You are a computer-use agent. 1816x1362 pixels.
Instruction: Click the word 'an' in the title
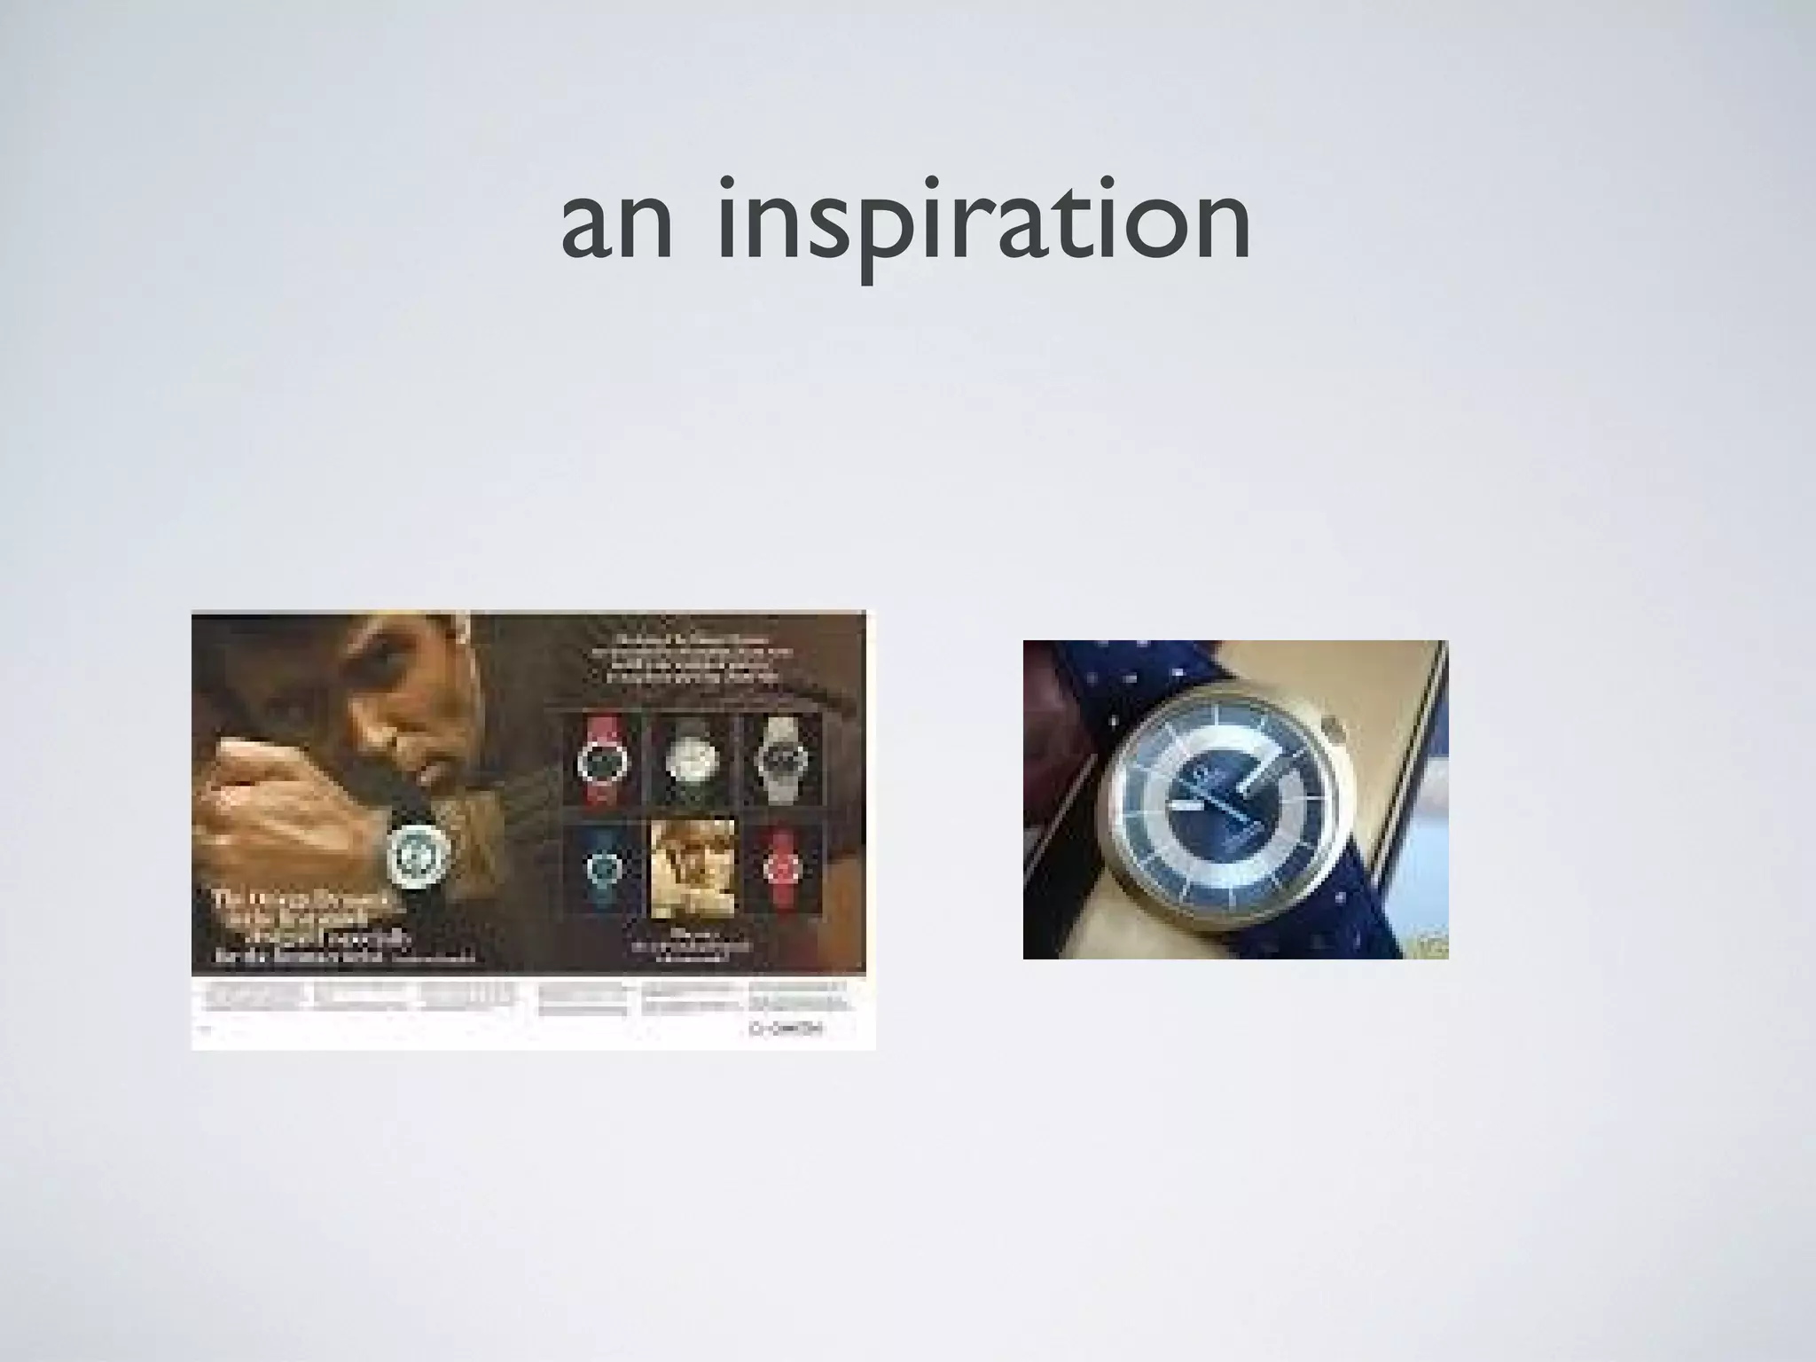point(616,226)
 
